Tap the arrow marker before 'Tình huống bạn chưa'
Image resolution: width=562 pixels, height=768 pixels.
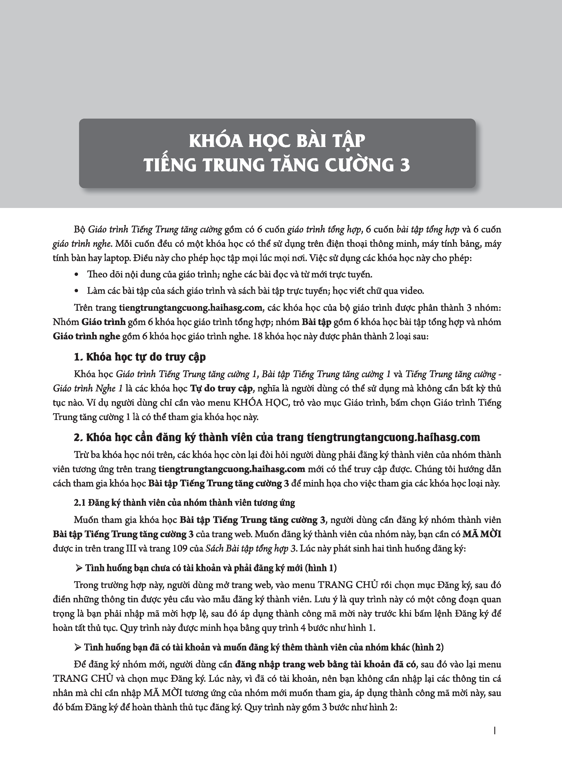pos(79,568)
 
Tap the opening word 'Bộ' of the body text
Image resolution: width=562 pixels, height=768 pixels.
pos(79,230)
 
